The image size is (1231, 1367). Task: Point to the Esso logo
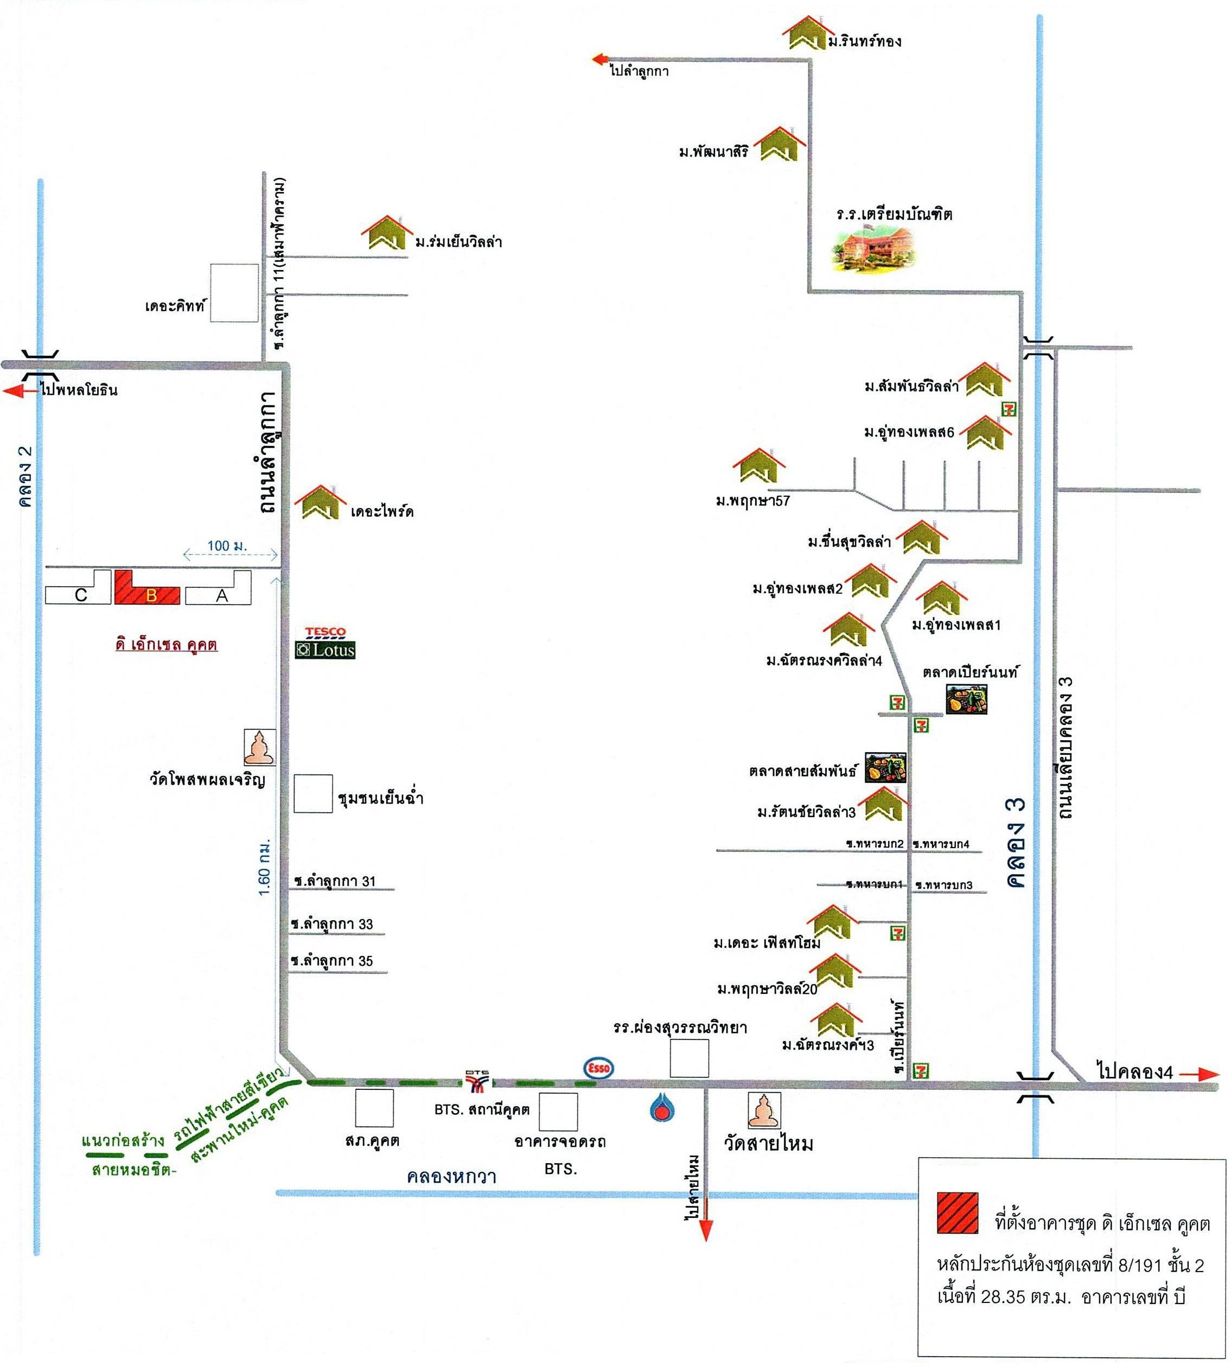point(598,1068)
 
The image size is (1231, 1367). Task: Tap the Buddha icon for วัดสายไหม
point(764,1111)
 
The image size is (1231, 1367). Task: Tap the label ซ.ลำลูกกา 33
point(332,924)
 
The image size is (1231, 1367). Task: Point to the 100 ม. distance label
point(227,545)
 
